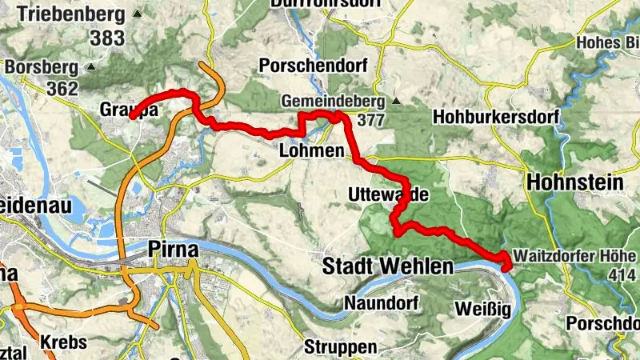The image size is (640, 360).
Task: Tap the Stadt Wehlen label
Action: click(x=387, y=266)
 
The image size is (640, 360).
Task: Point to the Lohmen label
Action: click(x=312, y=151)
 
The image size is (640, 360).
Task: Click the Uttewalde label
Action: click(x=384, y=194)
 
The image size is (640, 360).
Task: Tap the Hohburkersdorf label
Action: click(x=494, y=117)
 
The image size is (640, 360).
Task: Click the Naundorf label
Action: click(x=377, y=303)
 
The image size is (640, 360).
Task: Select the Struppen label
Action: click(x=340, y=348)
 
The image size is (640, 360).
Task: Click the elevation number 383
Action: click(x=107, y=38)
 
